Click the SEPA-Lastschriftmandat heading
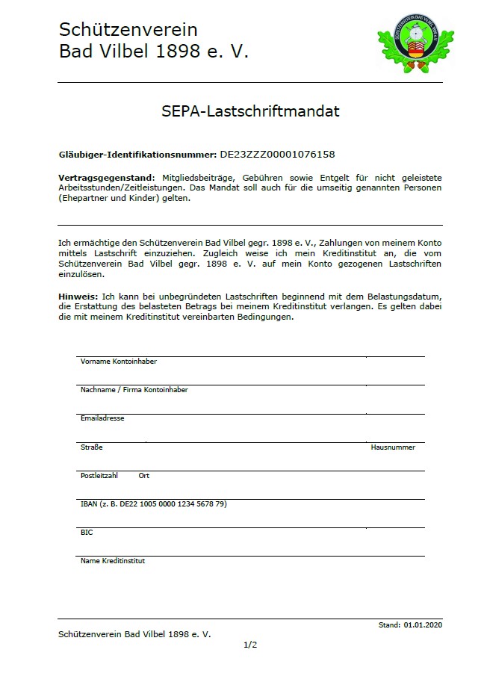(250, 112)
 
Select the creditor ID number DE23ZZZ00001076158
(277, 155)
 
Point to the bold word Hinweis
(77, 297)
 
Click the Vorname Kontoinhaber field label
(118, 362)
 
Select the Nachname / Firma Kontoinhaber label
(134, 390)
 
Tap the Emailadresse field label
(102, 418)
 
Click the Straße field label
(91, 447)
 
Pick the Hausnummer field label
(393, 447)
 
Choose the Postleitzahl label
(99, 476)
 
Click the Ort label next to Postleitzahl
(144, 476)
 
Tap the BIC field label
(87, 533)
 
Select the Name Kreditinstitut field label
(113, 561)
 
